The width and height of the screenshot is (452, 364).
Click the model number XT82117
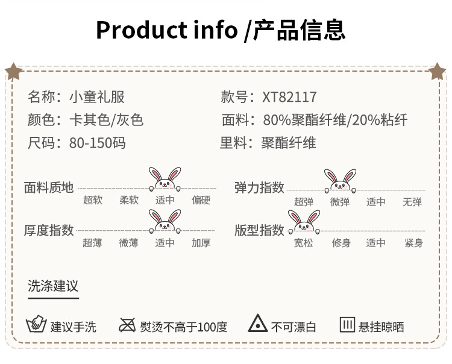tap(290, 97)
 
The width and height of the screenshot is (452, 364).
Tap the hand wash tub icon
tap(37, 325)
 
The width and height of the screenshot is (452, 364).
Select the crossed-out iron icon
tap(127, 325)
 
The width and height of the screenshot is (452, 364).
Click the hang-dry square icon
tap(347, 325)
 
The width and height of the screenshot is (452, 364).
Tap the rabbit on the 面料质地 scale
tap(165, 179)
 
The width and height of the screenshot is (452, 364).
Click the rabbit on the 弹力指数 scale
tap(339, 180)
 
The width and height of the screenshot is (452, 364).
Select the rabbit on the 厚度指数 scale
tap(165, 221)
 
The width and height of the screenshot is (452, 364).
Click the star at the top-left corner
tap(13, 72)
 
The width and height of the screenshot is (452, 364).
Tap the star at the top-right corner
tap(438, 72)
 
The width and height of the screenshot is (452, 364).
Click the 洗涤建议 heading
tap(53, 286)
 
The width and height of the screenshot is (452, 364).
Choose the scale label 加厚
tap(201, 243)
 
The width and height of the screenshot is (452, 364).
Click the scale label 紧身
tap(413, 243)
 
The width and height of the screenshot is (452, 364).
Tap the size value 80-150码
tap(97, 143)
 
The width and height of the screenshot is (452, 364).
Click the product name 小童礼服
tap(96, 97)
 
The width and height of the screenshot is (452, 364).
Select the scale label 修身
tap(341, 243)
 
